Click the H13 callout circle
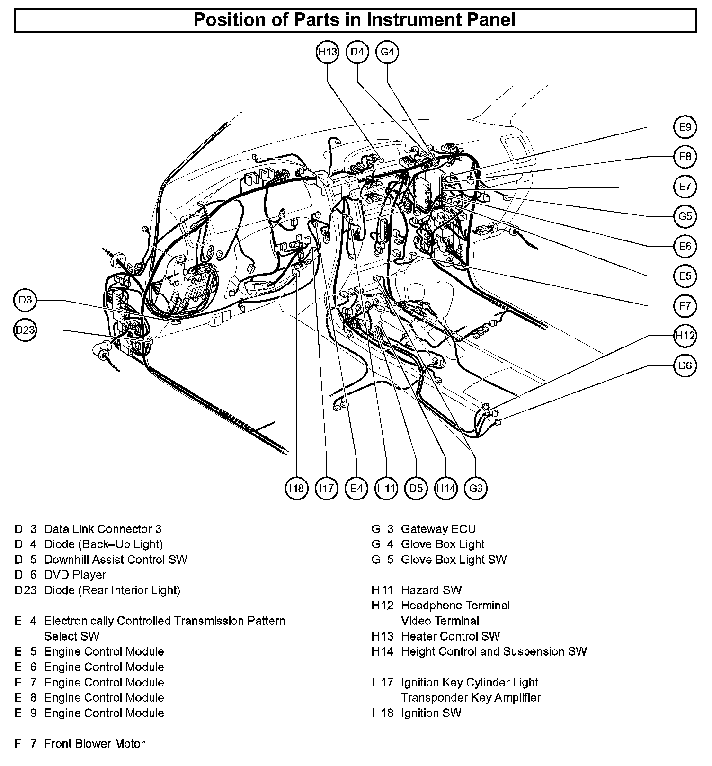click(x=327, y=52)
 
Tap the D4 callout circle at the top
click(x=357, y=52)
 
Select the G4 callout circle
click(x=387, y=52)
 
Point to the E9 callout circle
click(x=685, y=127)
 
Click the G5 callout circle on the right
click(x=685, y=216)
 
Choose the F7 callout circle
click(x=685, y=306)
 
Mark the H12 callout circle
click(x=685, y=336)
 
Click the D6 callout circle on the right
click(x=685, y=365)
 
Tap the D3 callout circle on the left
click(x=25, y=300)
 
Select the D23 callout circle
click(x=25, y=330)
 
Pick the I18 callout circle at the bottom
click(x=297, y=488)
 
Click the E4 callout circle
click(x=356, y=488)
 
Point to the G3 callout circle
click(x=476, y=488)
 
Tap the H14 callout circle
click(x=446, y=488)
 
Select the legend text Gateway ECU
click(x=438, y=529)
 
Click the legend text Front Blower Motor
click(x=94, y=744)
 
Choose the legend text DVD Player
click(x=75, y=575)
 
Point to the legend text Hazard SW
click(x=431, y=590)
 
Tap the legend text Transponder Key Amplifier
click(x=471, y=697)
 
